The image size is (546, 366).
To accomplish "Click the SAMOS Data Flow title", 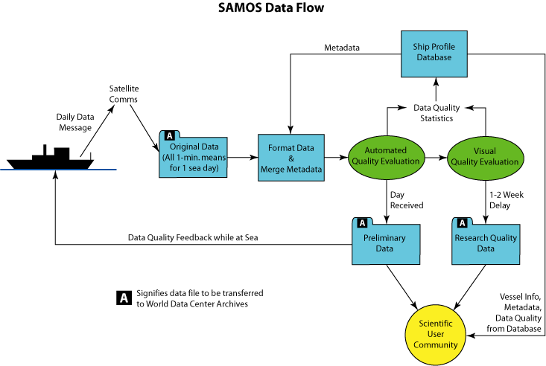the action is [x=271, y=7].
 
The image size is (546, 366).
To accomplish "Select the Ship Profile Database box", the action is [x=434, y=54].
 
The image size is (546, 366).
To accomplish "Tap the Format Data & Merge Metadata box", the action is [x=291, y=158].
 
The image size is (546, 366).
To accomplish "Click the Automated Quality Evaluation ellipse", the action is [x=386, y=158].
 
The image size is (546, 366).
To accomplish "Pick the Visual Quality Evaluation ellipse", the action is [x=485, y=158].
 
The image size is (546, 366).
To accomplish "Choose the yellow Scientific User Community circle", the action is [x=435, y=335].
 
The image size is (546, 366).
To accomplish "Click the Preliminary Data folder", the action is [x=386, y=241].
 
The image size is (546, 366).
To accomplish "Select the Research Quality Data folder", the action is [x=486, y=241].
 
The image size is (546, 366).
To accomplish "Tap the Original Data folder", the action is [x=193, y=154].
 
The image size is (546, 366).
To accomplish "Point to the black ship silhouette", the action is [x=51, y=158].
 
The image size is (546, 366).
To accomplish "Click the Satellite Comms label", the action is [x=124, y=94].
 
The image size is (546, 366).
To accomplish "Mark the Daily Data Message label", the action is [x=75, y=122].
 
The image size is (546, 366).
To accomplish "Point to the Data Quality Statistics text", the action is [x=437, y=113].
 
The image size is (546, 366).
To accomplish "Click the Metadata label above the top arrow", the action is [x=342, y=48].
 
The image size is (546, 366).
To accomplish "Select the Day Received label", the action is [x=407, y=200].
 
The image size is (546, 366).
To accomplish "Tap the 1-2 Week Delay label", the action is [x=507, y=200].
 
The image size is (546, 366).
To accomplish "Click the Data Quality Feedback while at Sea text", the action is [x=193, y=237].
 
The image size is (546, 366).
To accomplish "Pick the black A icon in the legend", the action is [x=124, y=298].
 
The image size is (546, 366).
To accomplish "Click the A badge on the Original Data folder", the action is [x=170, y=135].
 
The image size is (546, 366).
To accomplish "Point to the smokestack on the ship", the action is [x=45, y=150].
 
